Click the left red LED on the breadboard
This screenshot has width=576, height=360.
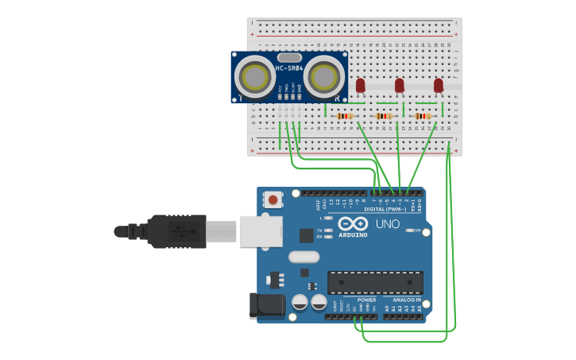point(360,85)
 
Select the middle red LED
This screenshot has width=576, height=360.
point(399,85)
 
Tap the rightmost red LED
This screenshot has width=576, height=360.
point(438,85)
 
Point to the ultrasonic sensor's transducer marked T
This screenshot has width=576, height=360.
point(255,77)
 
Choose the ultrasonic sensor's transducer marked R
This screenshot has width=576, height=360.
point(324,77)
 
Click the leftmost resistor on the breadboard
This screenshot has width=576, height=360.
point(345,116)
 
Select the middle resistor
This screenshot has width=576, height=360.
point(384,116)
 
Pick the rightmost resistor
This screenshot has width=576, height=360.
point(423,116)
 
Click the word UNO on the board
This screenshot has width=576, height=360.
point(387,224)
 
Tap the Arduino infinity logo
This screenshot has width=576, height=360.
point(353,223)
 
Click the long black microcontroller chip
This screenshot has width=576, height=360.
point(375,282)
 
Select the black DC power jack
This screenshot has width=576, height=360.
point(267,306)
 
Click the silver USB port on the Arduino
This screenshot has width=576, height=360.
point(261,230)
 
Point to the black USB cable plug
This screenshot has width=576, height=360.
point(176,230)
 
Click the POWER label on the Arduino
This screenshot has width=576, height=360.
point(366,300)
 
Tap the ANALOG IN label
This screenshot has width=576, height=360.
point(407,300)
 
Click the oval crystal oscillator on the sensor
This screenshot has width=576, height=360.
point(290,57)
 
